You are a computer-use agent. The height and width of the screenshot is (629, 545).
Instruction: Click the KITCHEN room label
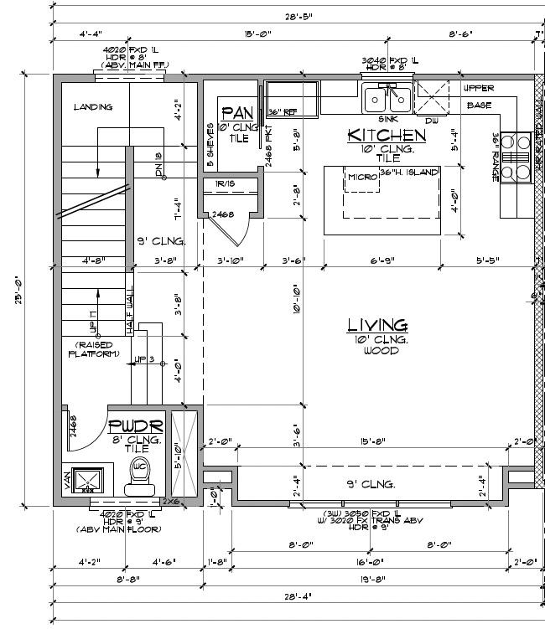tap(386, 135)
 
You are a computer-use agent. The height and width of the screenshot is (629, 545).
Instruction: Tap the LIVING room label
tap(377, 325)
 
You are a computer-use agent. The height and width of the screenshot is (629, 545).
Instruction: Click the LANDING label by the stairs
tap(92, 107)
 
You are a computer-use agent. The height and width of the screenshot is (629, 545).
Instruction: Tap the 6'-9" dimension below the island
tap(381, 260)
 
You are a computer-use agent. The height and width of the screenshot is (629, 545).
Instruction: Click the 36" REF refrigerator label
tap(283, 112)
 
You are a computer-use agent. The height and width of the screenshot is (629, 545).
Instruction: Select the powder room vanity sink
tap(86, 480)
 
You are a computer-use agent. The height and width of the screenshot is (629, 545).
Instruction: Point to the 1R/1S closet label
tap(226, 183)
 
